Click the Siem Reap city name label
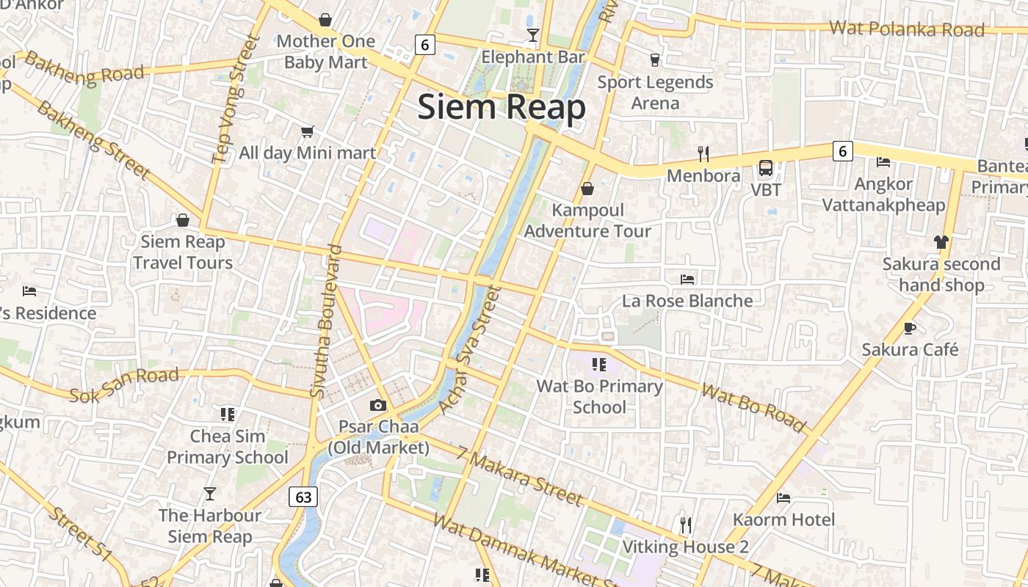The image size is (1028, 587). [x=502, y=108]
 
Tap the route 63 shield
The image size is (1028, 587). [x=303, y=497]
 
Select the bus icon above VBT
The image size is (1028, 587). [x=766, y=168]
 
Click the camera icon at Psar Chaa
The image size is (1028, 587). [x=378, y=405]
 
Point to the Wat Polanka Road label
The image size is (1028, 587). [x=906, y=29]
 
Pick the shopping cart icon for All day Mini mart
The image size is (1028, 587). [x=307, y=132]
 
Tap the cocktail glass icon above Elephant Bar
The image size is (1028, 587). [x=533, y=35]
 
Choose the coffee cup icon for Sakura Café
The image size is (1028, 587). [x=910, y=328]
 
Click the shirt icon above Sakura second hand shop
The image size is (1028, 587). [x=941, y=241]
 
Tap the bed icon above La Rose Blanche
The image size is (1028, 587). [x=687, y=280]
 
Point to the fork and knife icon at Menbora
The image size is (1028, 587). [x=703, y=153]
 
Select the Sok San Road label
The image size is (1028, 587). [x=124, y=385]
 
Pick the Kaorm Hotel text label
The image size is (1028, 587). [x=783, y=519]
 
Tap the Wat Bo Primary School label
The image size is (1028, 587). [x=599, y=396]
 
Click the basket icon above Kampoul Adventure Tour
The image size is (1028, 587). [x=587, y=189]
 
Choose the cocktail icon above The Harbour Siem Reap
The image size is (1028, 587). [x=210, y=494]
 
